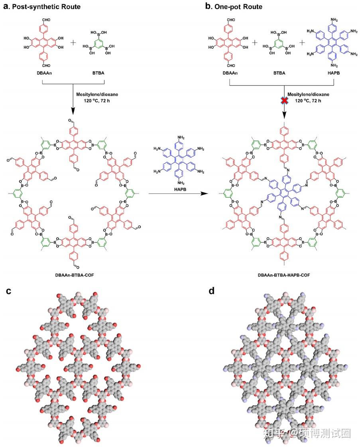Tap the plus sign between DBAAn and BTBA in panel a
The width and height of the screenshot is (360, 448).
(73, 43)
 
